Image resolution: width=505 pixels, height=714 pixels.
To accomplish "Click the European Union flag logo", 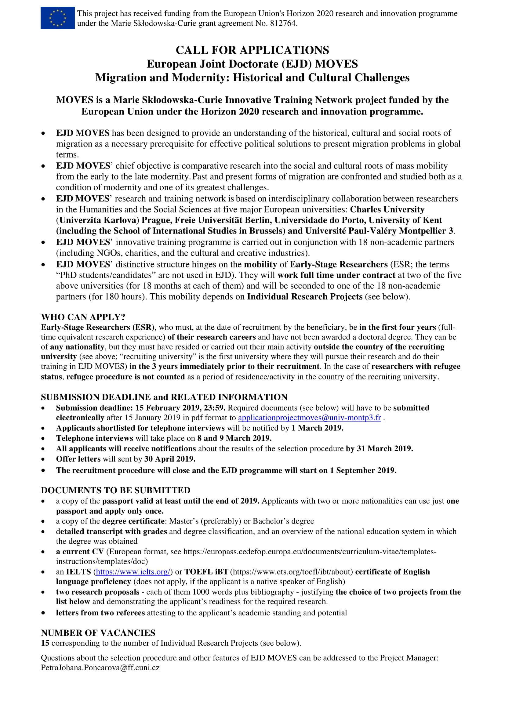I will [x=57, y=18].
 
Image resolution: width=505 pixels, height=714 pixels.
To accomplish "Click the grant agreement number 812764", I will [x=283, y=23].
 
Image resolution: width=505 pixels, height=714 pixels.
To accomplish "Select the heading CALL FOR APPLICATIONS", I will [x=252, y=50].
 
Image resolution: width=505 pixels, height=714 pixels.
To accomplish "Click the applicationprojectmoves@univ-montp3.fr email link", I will [x=309, y=418].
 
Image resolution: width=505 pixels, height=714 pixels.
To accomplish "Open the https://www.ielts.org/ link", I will [x=133, y=571].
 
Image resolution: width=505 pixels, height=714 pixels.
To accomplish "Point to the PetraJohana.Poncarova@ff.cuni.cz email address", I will [x=100, y=667].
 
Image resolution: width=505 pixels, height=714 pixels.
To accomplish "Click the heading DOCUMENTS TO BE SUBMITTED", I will [x=116, y=490].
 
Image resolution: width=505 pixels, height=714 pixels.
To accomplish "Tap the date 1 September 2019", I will [x=363, y=470].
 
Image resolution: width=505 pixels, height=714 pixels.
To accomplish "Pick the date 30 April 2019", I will [x=170, y=459].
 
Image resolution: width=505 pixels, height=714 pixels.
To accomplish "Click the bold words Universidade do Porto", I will [x=320, y=220].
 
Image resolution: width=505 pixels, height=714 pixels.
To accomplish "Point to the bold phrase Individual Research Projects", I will [x=305, y=297].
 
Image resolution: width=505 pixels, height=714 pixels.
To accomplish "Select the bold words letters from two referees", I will [x=100, y=613].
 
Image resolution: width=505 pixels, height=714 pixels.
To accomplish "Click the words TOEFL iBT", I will [x=206, y=571].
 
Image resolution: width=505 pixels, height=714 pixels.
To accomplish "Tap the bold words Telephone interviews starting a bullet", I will [x=95, y=438].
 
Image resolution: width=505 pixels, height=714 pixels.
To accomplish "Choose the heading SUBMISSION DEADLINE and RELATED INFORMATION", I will [x=164, y=397].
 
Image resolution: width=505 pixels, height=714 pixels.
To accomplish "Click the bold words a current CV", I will [x=80, y=552].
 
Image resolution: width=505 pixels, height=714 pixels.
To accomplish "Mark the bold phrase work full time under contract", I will [x=336, y=275].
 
